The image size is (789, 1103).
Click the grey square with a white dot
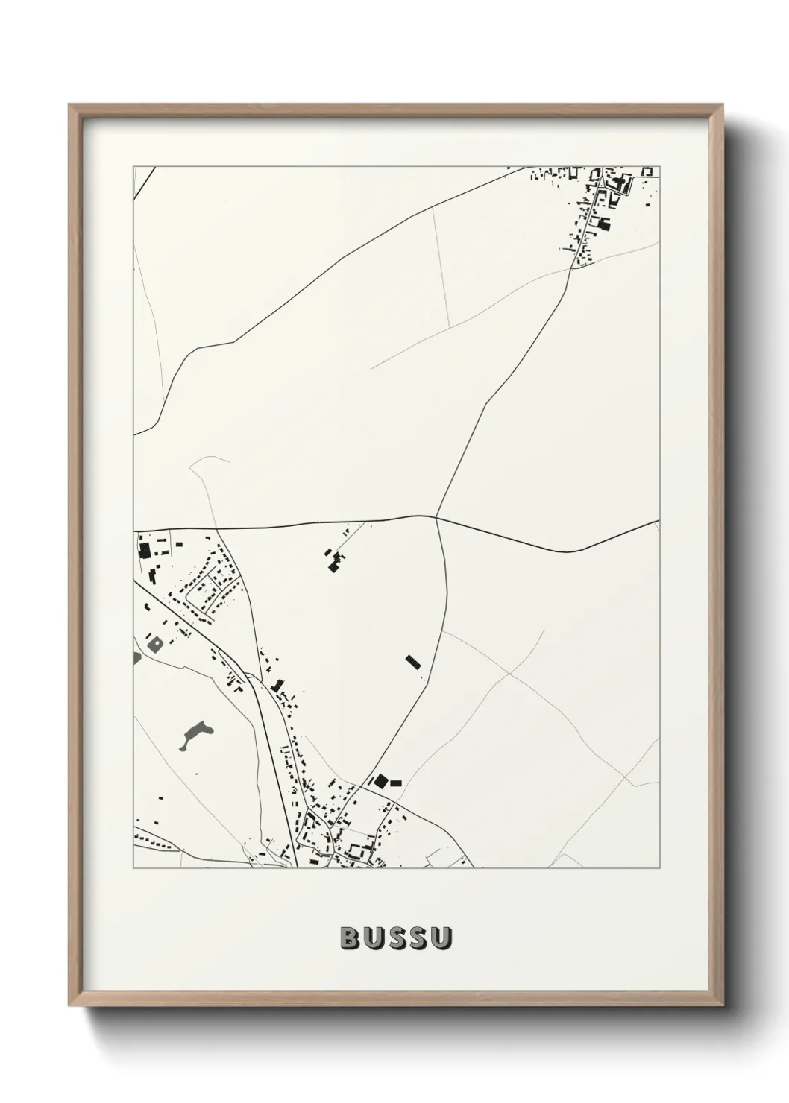click(156, 642)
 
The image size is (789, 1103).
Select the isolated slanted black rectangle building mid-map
click(412, 662)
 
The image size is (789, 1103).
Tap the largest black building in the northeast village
click(604, 223)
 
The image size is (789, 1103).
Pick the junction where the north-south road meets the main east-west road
click(436, 516)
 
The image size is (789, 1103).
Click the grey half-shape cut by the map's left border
click(136, 657)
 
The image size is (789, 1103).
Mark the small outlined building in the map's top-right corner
click(647, 171)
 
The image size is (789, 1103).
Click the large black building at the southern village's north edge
click(380, 780)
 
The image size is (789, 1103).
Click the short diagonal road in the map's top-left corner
click(144, 182)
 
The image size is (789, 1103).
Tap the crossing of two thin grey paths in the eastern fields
click(509, 674)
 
